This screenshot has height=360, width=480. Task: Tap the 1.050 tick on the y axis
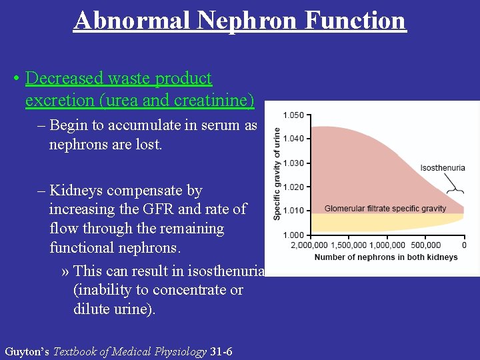(293, 115)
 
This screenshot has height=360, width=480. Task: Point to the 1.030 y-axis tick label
(293, 163)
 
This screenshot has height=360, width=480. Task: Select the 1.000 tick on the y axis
(293, 235)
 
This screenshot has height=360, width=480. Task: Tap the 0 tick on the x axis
(464, 245)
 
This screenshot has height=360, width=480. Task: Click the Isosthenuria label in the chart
(443, 168)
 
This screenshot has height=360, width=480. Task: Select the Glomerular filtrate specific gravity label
(385, 209)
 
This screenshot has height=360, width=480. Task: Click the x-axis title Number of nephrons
(385, 257)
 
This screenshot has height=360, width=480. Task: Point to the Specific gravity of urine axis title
(277, 174)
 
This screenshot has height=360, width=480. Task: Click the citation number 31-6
(221, 351)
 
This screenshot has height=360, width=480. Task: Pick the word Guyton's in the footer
(27, 351)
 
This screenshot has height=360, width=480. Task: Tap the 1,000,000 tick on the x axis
(387, 245)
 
